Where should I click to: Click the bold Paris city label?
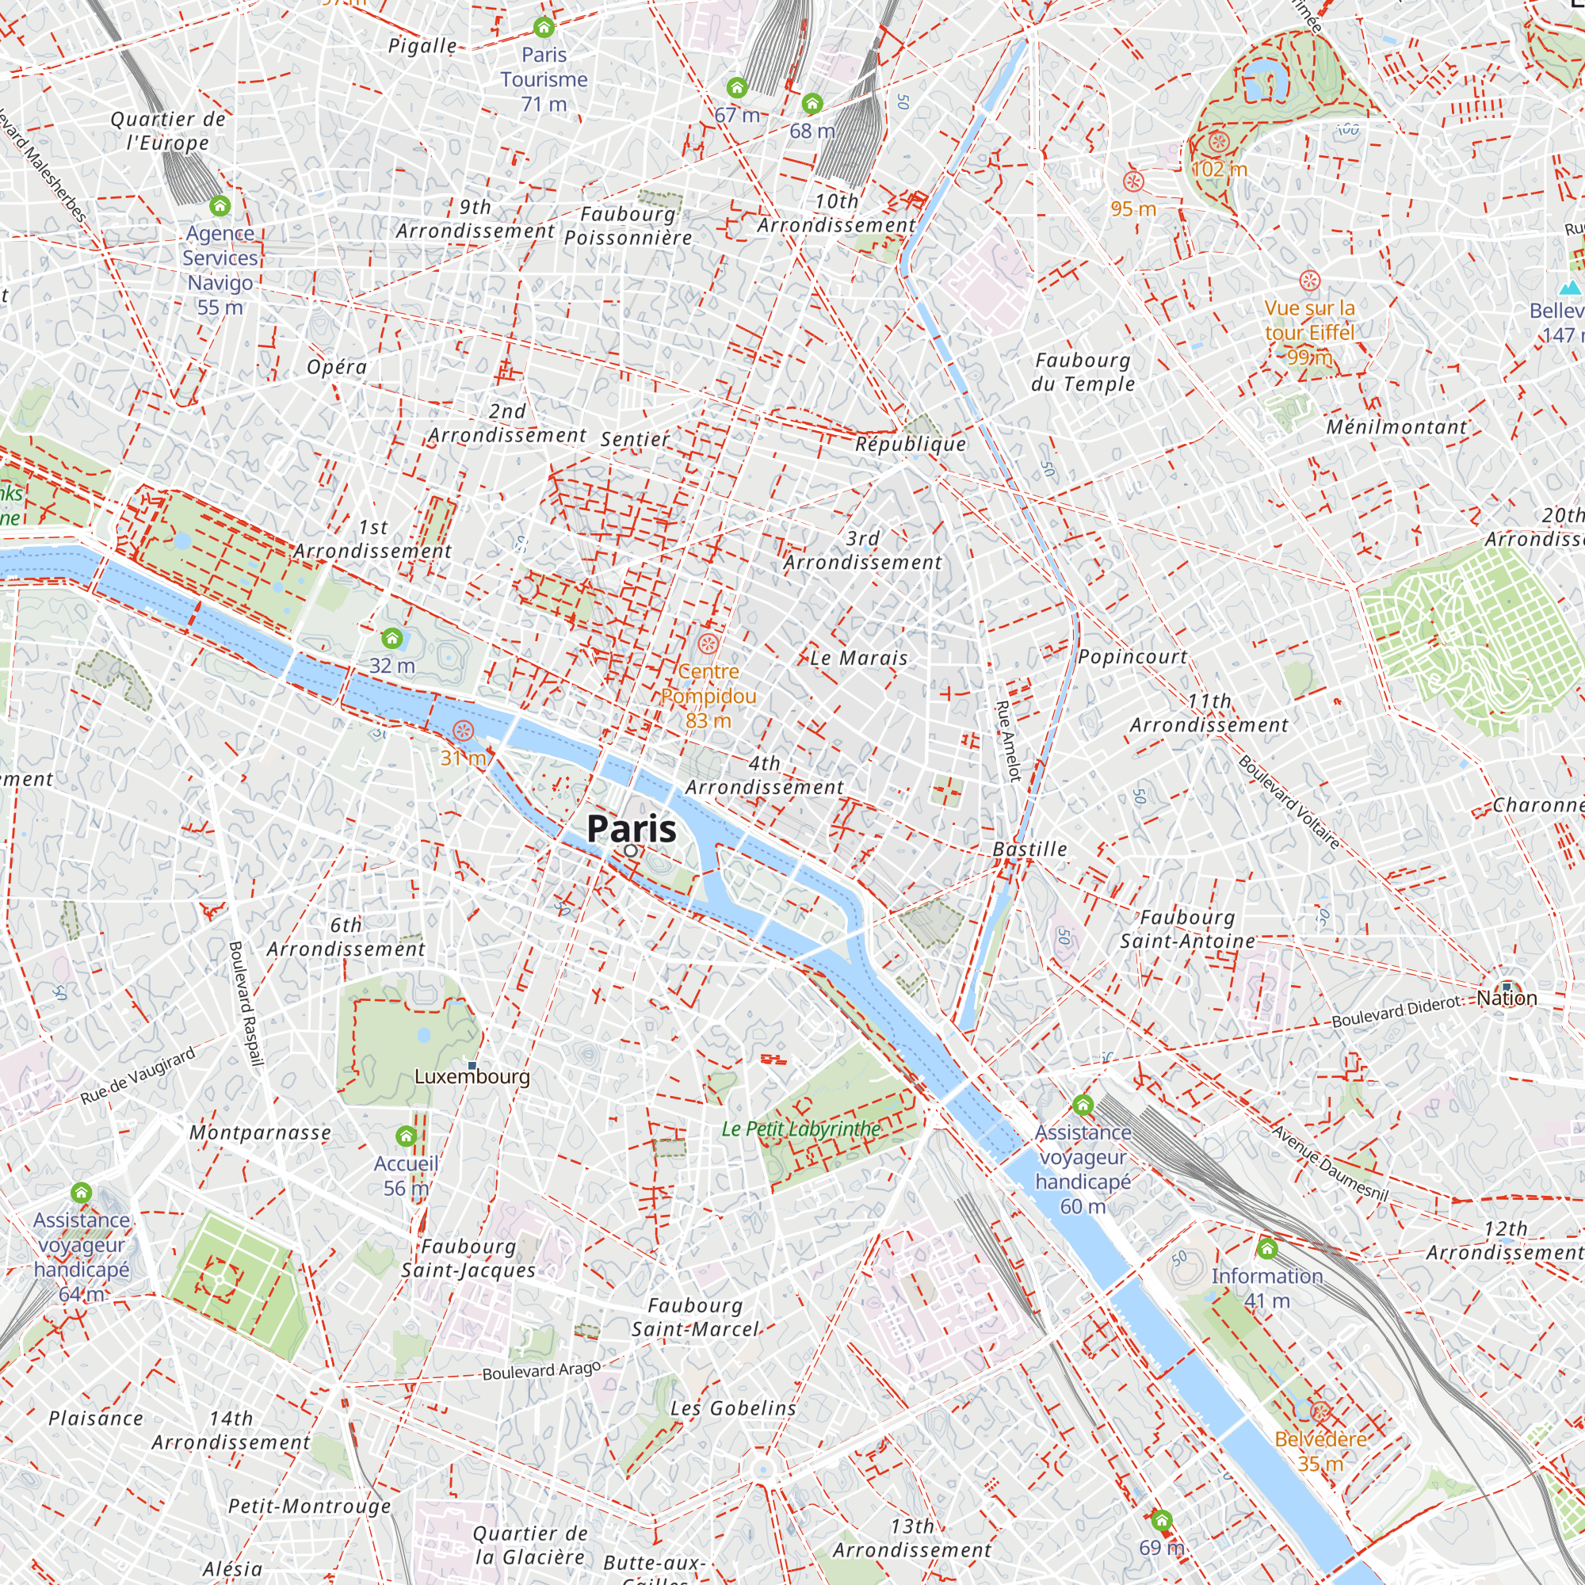click(x=632, y=829)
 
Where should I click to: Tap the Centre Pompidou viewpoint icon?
click(x=708, y=644)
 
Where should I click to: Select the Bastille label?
click(x=1029, y=849)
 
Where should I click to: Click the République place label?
click(x=911, y=445)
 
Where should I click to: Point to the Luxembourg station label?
click(x=472, y=1076)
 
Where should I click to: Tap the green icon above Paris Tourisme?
click(x=544, y=28)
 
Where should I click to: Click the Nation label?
click(x=1507, y=999)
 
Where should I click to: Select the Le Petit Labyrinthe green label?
click(x=800, y=1129)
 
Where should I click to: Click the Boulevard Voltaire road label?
click(x=1289, y=802)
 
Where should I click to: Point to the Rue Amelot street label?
click(x=1008, y=740)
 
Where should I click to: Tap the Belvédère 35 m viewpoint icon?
click(x=1320, y=1412)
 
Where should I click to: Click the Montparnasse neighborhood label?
click(x=260, y=1133)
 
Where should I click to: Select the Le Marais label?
click(x=858, y=658)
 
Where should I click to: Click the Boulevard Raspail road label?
click(x=246, y=1004)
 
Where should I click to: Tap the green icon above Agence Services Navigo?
click(x=220, y=205)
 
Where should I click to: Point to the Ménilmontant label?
click(x=1396, y=426)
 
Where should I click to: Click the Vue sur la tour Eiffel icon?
click(x=1309, y=281)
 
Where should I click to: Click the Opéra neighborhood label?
click(x=336, y=367)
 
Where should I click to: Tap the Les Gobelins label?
click(x=732, y=1408)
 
